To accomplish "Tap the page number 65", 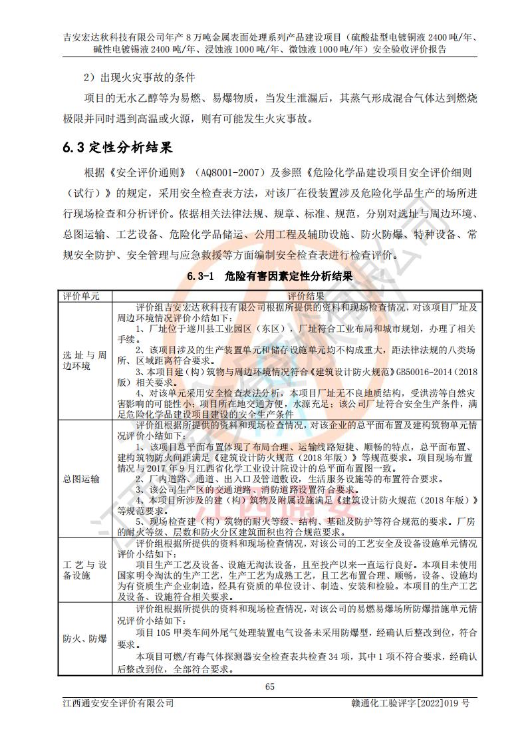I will point(269,686).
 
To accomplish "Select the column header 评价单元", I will point(81,296).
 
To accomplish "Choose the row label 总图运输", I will point(81,478).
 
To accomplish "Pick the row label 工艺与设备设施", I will point(84,570).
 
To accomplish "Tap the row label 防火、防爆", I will point(84,639).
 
